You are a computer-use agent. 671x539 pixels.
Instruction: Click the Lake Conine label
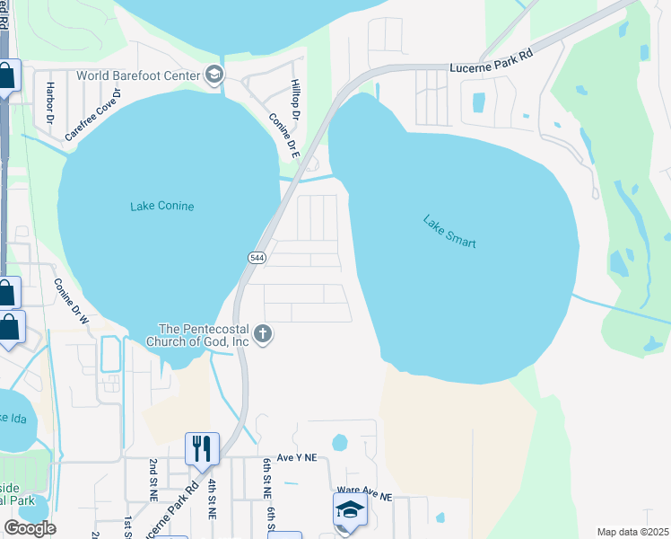[x=161, y=207]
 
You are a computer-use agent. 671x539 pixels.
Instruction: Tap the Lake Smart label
[x=449, y=232]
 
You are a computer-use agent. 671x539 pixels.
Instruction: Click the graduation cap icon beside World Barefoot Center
[x=214, y=75]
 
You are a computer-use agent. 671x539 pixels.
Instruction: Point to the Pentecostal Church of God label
[x=203, y=335]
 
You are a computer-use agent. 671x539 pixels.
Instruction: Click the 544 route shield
[x=256, y=257]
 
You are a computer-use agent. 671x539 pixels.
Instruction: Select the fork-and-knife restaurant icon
[x=202, y=447]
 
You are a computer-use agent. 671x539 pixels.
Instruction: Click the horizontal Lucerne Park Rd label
[x=491, y=55]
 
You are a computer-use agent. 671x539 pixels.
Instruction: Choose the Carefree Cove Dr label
[x=92, y=115]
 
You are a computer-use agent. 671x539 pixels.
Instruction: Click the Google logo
[x=30, y=528]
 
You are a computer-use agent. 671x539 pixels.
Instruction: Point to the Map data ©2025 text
[x=632, y=532]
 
